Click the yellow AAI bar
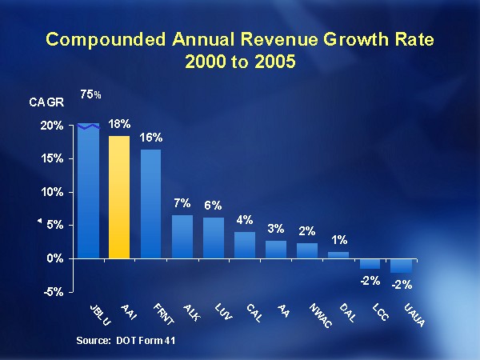(x=119, y=197)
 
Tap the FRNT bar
(x=150, y=203)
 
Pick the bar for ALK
(x=182, y=236)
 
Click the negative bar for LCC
(x=370, y=264)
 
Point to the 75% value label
(x=90, y=95)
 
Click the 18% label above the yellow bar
(x=119, y=126)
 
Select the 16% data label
(x=150, y=138)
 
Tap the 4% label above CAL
(x=244, y=220)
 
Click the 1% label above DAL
(x=338, y=240)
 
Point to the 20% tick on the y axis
(x=53, y=126)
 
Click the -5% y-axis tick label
(x=54, y=292)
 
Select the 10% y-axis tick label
(x=53, y=192)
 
